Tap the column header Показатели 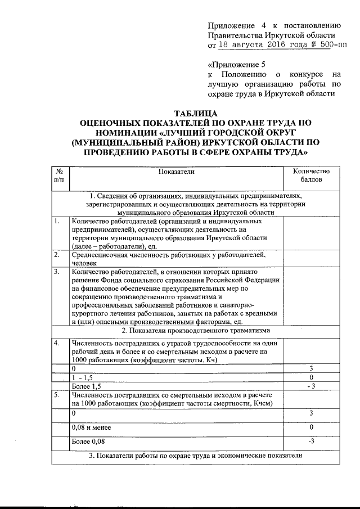point(176,171)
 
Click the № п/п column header point(59,175)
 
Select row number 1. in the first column point(57,221)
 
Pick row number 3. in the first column point(57,272)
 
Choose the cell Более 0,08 point(88,442)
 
